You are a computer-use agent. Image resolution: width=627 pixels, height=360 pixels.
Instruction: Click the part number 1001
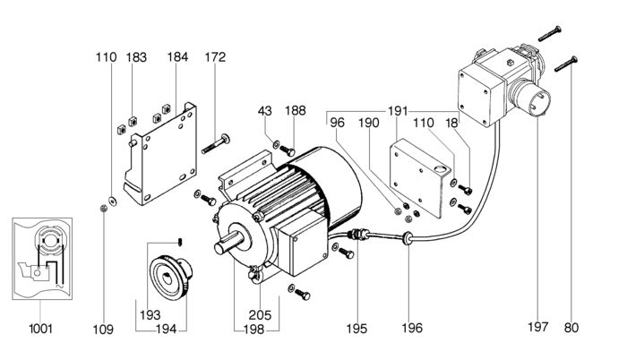[41, 329]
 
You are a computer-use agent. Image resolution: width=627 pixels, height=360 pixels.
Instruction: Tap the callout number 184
[177, 56]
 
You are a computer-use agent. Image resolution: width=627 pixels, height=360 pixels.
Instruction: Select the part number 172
[215, 56]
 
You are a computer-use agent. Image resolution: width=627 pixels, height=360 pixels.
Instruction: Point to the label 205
[260, 315]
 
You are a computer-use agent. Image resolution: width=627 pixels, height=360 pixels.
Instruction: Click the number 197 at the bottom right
[537, 327]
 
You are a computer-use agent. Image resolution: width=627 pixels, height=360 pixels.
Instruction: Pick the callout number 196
[412, 328]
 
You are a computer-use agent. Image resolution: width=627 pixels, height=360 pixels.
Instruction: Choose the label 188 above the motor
[295, 110]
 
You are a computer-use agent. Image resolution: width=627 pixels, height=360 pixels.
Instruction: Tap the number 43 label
[265, 110]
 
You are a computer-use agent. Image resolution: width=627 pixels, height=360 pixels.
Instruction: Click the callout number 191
[397, 111]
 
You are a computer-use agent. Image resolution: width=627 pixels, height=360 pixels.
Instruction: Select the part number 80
[571, 328]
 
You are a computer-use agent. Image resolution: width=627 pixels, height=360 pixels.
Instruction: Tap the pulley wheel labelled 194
[171, 277]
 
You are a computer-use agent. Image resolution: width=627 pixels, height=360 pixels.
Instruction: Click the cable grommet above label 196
[407, 238]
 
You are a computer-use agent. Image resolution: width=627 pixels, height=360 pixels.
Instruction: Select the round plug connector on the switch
[534, 98]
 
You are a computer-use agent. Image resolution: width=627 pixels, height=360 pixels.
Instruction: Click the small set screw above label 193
[180, 242]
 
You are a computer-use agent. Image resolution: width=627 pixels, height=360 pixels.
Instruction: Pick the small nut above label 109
[103, 208]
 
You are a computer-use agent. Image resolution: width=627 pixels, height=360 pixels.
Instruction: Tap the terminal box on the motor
[299, 243]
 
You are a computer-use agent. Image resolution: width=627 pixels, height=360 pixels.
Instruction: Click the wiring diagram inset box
[42, 259]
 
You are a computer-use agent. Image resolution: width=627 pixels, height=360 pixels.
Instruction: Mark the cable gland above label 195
[357, 234]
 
